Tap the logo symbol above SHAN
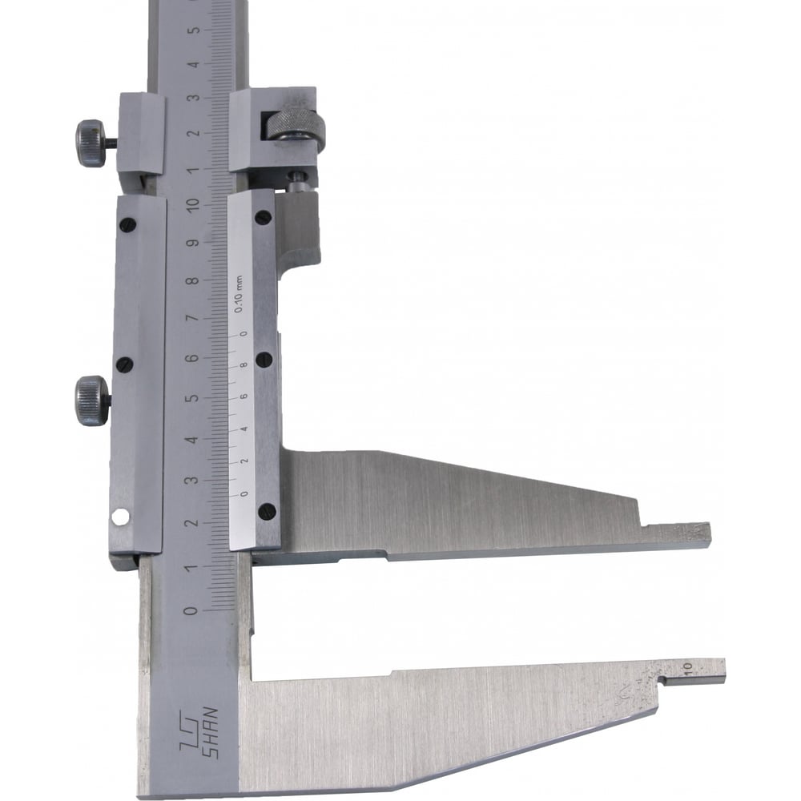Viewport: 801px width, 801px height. click(188, 734)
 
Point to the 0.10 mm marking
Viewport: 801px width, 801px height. click(238, 294)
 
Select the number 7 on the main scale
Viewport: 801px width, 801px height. click(192, 318)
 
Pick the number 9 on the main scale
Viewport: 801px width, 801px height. click(192, 242)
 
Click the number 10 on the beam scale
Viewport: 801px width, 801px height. click(193, 203)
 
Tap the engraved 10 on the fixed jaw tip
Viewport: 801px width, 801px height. click(686, 666)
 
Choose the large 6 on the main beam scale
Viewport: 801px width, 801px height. click(192, 357)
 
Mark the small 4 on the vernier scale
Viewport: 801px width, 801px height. click(244, 429)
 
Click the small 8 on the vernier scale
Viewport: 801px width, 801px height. click(244, 364)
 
